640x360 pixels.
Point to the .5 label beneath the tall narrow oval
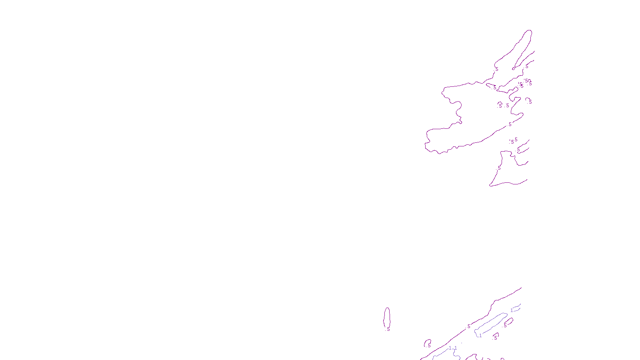click(388, 329)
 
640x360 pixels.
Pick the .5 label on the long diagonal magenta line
click(468, 326)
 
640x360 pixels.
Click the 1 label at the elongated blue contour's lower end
click(480, 336)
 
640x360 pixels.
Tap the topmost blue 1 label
click(512, 310)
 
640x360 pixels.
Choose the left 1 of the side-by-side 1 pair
click(450, 348)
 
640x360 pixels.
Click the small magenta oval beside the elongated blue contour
click(508, 321)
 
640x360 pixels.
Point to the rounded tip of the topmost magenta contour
click(529, 31)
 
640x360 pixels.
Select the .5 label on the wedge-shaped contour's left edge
click(499, 168)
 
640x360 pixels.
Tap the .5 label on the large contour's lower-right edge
click(510, 124)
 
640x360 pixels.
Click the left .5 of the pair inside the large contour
click(500, 106)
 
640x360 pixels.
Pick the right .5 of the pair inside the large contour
click(508, 106)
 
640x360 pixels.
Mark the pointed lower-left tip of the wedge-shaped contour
click(490, 186)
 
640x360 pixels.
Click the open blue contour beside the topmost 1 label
click(517, 308)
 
